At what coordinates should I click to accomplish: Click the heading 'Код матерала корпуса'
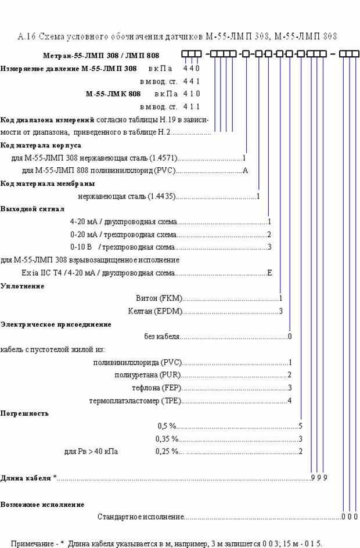click(41, 145)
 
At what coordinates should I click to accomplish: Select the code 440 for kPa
click(192, 68)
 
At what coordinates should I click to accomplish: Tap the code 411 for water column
click(192, 107)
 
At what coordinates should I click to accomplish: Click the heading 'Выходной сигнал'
click(33, 209)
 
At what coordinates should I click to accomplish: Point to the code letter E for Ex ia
click(269, 273)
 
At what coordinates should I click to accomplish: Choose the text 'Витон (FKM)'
click(159, 298)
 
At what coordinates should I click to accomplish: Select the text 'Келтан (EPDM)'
click(156, 311)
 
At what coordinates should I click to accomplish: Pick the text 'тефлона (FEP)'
click(157, 388)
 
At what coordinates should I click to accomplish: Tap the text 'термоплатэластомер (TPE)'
click(135, 401)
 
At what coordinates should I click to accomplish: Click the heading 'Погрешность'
click(24, 413)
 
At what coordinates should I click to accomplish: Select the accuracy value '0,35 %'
click(167, 439)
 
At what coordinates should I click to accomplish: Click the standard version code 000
click(350, 517)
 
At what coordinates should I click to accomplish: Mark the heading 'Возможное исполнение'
click(42, 504)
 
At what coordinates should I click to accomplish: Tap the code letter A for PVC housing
click(246, 171)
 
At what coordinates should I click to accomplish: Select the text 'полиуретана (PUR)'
click(147, 376)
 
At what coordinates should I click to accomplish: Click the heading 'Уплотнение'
click(23, 286)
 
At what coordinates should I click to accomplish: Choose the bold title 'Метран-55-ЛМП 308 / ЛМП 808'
click(101, 56)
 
